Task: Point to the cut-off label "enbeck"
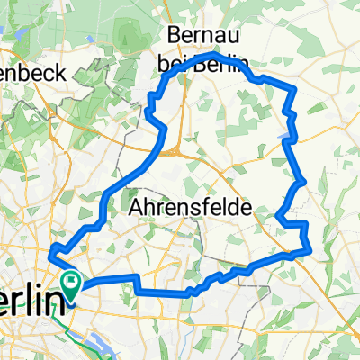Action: point(31,75)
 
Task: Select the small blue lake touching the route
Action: point(284,136)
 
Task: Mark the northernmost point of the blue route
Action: point(214,55)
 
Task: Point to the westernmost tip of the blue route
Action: point(51,251)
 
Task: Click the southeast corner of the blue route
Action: point(309,251)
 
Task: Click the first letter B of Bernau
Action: point(171,33)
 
